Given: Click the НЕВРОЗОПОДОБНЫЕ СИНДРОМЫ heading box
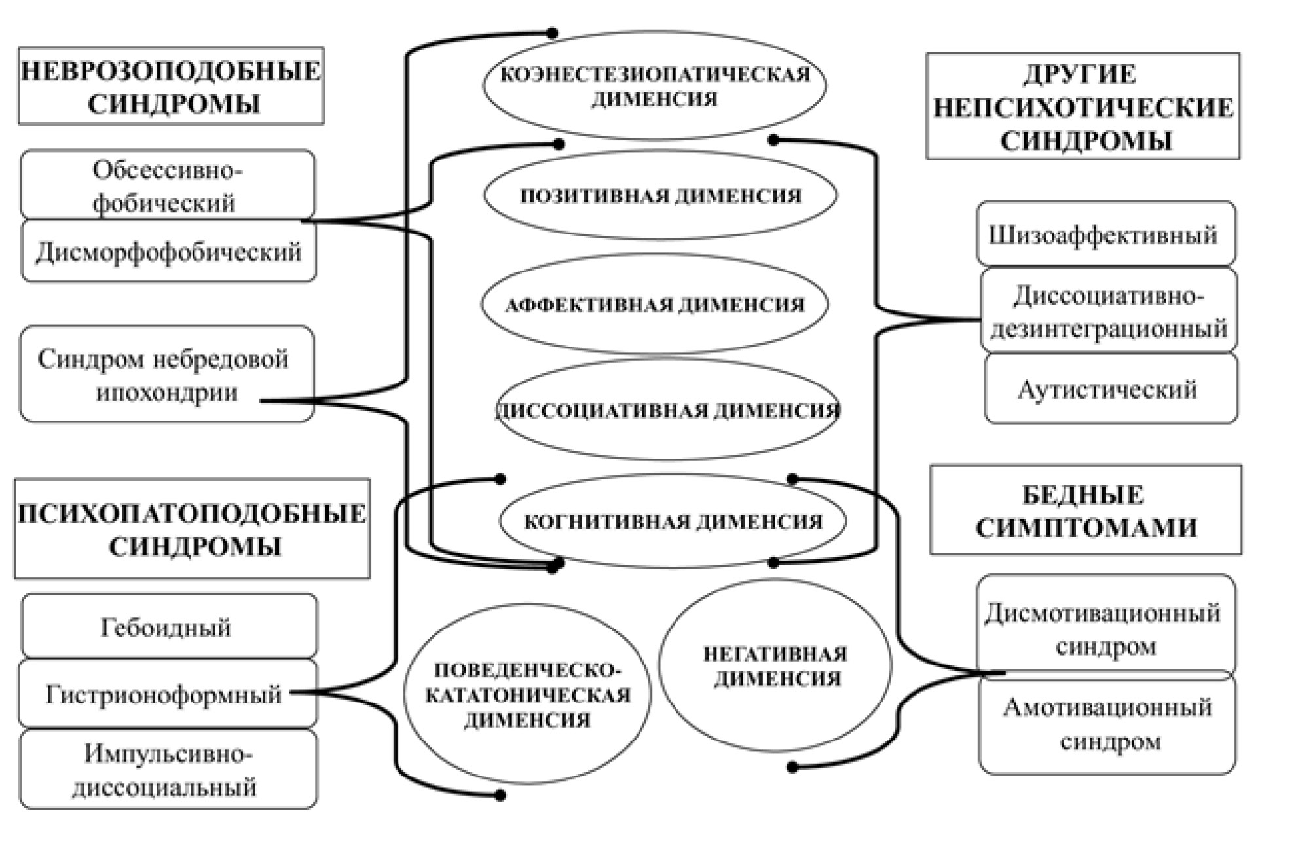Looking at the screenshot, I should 171,86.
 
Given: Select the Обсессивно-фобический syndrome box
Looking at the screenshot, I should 168,185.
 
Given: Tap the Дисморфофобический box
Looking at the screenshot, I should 168,252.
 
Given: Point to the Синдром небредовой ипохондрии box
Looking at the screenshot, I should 166,374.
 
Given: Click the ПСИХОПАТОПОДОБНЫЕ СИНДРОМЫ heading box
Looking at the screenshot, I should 193,529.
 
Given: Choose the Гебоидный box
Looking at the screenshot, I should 168,627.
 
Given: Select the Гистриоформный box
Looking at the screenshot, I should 167,694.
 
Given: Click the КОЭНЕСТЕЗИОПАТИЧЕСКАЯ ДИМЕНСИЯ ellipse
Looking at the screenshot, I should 655,86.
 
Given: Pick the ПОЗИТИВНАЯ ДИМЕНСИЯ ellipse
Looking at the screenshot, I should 660,195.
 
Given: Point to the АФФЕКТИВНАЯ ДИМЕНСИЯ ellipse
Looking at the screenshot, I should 655,304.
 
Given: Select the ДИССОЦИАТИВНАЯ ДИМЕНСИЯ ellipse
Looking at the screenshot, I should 667,410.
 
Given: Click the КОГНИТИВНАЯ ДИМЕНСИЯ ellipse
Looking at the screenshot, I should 673,521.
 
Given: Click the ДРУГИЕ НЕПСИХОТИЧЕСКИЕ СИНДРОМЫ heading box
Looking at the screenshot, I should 1083,106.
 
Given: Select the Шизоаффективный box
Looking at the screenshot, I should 1105,234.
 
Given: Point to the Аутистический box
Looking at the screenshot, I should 1111,389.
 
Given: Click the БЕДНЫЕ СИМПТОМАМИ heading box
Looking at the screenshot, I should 1086,510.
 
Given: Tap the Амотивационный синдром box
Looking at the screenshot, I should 1107,724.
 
